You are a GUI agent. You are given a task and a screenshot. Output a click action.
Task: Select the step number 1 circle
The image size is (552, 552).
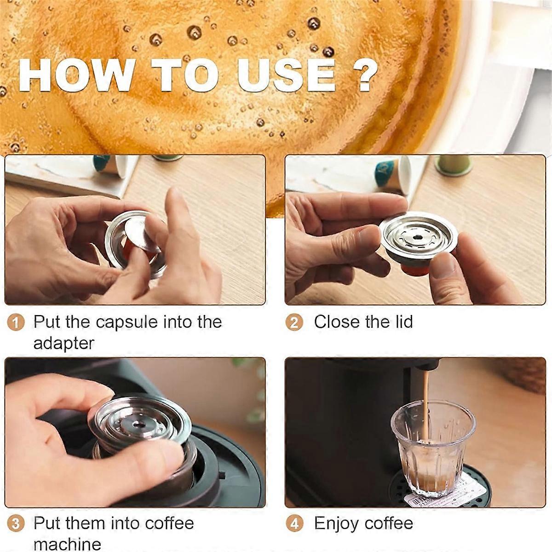tap(16, 322)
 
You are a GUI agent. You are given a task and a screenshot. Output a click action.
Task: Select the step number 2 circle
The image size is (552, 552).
tap(294, 322)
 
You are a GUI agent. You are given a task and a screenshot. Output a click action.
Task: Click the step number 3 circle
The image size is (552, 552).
tap(16, 524)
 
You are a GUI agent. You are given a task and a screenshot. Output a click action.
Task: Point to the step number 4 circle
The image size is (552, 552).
tap(294, 524)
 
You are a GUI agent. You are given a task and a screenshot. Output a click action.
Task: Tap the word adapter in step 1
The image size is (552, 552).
tap(63, 344)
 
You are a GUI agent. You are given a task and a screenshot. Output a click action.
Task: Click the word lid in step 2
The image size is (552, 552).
tap(401, 322)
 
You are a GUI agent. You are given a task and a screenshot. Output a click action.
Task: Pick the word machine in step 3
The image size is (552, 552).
tap(67, 544)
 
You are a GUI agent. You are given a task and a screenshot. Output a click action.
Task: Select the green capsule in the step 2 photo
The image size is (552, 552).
tap(453, 165)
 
